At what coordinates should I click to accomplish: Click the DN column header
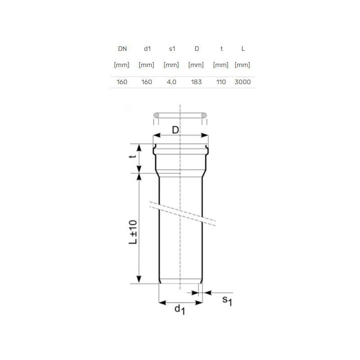point(122,49)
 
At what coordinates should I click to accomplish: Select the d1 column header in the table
point(147,49)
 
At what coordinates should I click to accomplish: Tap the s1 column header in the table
point(172,49)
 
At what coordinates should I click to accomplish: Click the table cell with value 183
point(196,82)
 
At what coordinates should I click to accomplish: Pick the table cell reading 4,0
point(171,82)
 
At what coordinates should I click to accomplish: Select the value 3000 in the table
point(243,82)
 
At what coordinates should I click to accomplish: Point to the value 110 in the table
point(221,82)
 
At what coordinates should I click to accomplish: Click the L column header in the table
point(243,49)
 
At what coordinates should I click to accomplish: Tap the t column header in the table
point(221,49)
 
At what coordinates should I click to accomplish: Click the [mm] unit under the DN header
point(121,65)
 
